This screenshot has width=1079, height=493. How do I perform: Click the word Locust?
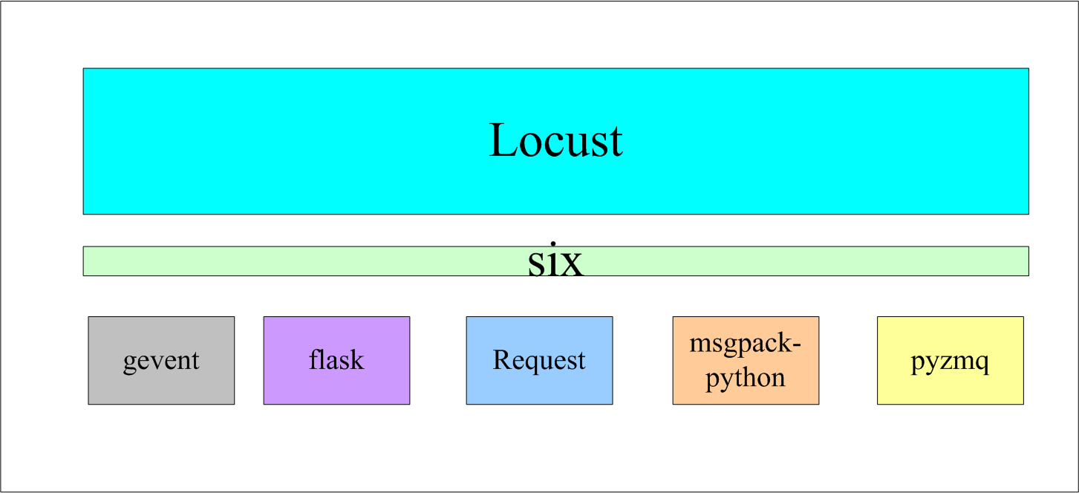click(555, 140)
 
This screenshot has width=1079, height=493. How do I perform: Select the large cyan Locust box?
click(297, 141)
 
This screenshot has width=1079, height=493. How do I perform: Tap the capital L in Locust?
click(504, 140)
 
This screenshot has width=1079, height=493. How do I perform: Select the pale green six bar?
click(297, 261)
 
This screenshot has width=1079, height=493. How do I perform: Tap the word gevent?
click(161, 361)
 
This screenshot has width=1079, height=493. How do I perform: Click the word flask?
click(336, 360)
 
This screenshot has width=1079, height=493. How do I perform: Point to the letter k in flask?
click(357, 360)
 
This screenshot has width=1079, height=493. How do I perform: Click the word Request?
click(539, 361)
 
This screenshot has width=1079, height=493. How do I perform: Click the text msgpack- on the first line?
click(746, 345)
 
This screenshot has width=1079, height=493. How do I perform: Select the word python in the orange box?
click(746, 379)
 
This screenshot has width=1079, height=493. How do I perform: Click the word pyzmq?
click(950, 362)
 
